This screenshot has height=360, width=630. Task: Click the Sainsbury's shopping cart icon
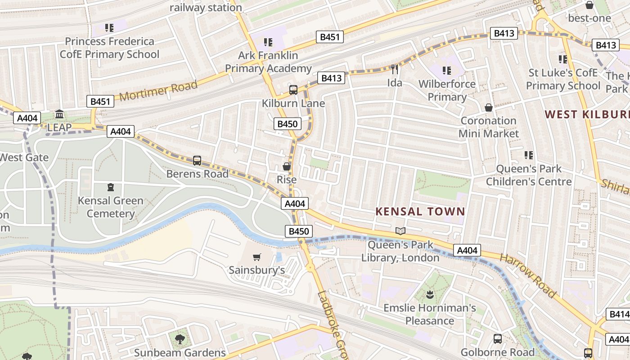[x=256, y=257]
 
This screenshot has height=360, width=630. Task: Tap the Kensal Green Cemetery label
[x=111, y=207]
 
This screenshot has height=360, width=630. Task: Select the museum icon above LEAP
[x=59, y=114]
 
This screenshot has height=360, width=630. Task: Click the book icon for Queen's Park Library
[x=400, y=231]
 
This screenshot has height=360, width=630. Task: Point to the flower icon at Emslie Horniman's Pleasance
[x=430, y=295]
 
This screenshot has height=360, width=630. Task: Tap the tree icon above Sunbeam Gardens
[x=180, y=339]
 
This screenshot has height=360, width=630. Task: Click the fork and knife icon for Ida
[x=395, y=69]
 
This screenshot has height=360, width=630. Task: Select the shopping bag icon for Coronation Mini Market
[x=489, y=108]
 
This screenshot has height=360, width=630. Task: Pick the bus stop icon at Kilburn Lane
[x=293, y=90]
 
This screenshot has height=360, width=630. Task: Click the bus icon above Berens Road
[x=197, y=160]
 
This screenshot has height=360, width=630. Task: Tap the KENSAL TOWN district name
[x=420, y=211]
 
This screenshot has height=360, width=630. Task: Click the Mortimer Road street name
[x=158, y=91]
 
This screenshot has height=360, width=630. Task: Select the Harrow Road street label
[x=528, y=275]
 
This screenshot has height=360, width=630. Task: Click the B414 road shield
[x=618, y=314]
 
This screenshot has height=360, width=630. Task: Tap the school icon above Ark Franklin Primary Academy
[x=268, y=42]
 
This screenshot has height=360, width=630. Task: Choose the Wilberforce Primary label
[x=447, y=90]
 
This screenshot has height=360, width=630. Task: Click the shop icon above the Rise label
[x=286, y=166]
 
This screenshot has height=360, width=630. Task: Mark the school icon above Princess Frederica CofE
[x=109, y=28]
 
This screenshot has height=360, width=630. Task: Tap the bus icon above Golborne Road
[x=498, y=339]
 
